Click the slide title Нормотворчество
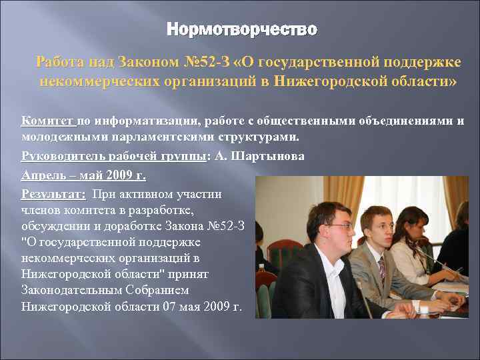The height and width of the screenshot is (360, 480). click(x=241, y=29)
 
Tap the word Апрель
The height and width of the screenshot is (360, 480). click(x=43, y=176)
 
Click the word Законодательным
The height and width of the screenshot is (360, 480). click(x=77, y=291)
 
